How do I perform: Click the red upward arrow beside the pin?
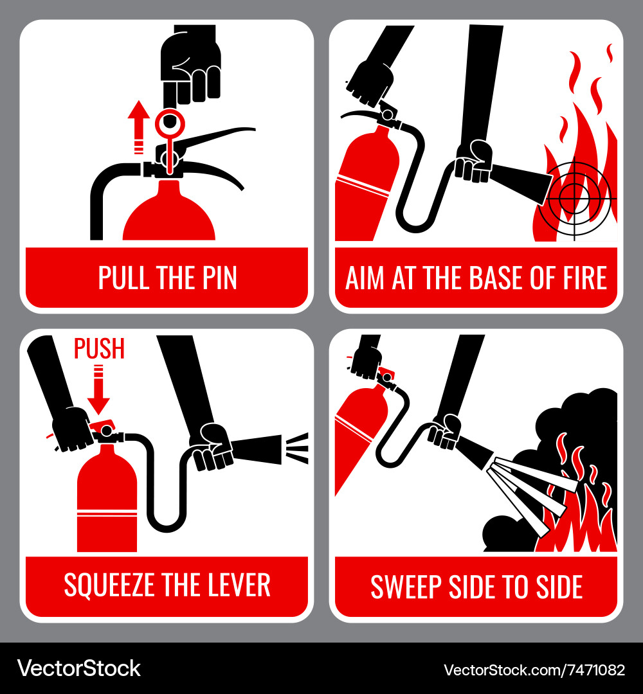coord(139,127)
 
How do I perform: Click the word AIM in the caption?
coord(365,278)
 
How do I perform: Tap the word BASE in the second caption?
coord(495,278)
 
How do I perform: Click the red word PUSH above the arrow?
coord(99,348)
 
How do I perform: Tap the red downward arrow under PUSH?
coord(98,389)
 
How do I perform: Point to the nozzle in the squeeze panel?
coord(257,449)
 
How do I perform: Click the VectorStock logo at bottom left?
coord(79,668)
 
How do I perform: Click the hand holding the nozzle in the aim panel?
coord(475,161)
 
